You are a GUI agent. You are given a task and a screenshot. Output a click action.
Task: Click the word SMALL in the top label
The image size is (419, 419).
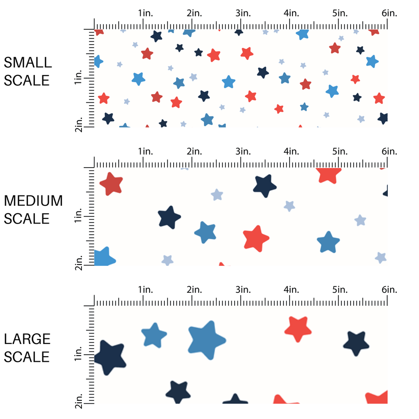click(x=27, y=62)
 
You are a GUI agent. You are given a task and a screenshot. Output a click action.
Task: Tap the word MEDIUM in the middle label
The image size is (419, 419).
click(x=33, y=201)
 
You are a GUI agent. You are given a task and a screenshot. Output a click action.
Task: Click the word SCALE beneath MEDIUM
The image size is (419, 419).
click(x=27, y=219)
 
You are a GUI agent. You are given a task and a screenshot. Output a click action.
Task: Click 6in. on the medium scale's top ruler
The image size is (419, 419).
click(x=389, y=151)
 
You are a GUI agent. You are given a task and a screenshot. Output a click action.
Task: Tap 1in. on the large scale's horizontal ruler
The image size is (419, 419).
click(x=145, y=290)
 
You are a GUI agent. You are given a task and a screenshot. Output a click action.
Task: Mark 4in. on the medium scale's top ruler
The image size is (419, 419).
click(x=291, y=151)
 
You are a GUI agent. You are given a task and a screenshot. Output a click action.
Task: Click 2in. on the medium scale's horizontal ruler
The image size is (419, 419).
click(x=194, y=151)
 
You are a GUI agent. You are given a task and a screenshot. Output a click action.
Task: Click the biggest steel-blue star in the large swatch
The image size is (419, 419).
click(x=207, y=339)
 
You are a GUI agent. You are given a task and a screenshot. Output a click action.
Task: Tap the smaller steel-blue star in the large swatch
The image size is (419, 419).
click(x=154, y=335)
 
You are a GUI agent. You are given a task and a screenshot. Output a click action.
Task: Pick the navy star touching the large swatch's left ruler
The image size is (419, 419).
click(x=110, y=358)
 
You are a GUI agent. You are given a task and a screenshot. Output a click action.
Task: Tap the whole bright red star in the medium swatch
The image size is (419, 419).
click(x=256, y=238)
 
